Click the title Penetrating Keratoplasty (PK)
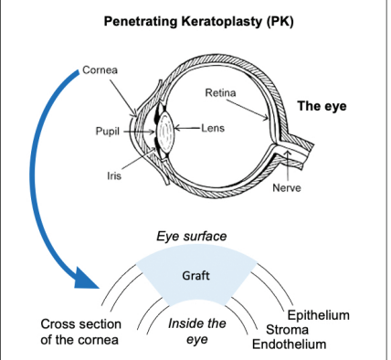point(195,19)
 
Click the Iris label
point(115,175)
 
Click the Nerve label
point(287,188)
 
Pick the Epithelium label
point(318,315)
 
